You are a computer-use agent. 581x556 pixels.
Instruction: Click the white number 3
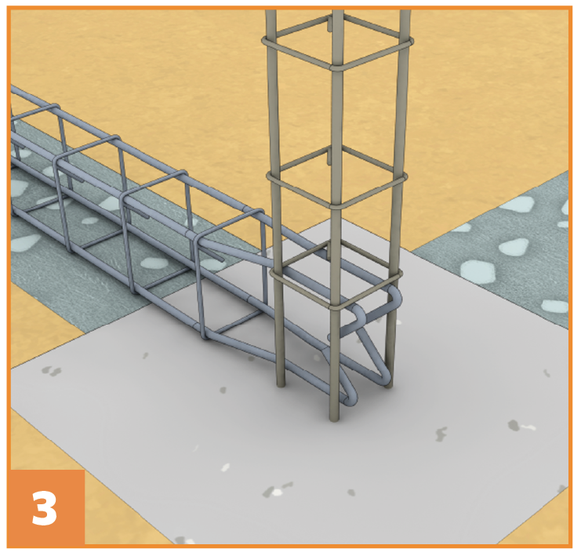(x=45, y=508)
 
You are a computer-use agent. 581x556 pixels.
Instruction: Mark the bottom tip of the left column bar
(x=281, y=386)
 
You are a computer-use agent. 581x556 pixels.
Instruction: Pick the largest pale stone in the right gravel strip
(x=478, y=271)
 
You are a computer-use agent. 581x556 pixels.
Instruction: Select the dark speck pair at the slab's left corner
(x=52, y=371)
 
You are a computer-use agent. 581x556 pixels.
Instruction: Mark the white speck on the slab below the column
(x=225, y=467)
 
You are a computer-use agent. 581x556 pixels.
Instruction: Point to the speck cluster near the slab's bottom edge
(x=277, y=489)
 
